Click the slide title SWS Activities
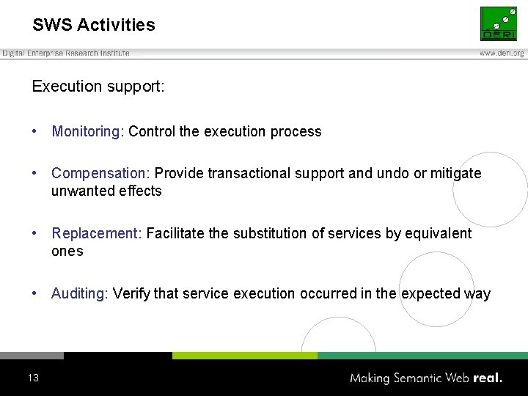pyautogui.click(x=94, y=25)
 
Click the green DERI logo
pyautogui.click(x=499, y=23)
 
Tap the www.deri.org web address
pyautogui.click(x=502, y=54)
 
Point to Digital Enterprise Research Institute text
pyautogui.click(x=66, y=53)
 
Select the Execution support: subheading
pyautogui.click(x=98, y=87)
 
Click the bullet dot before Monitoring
pyautogui.click(x=34, y=132)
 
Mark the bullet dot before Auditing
pyautogui.click(x=34, y=294)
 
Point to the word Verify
pyautogui.click(x=131, y=294)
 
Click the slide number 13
pyautogui.click(x=33, y=378)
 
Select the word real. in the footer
pyautogui.click(x=488, y=378)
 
